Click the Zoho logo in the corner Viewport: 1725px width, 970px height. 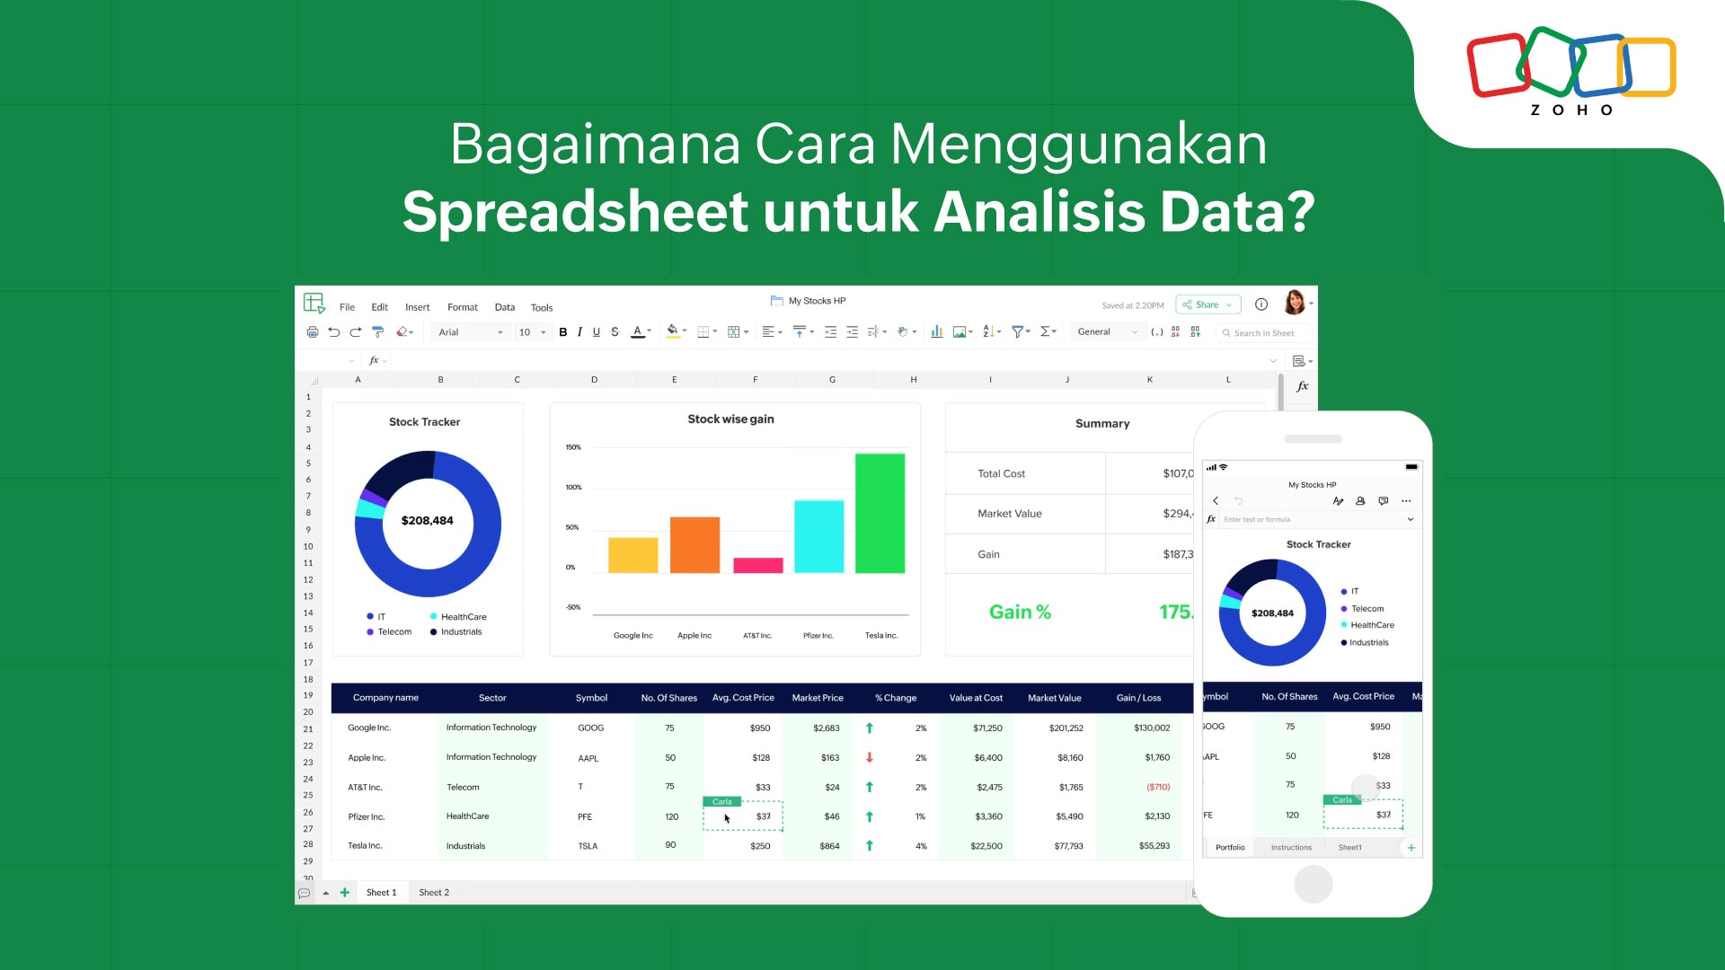[1571, 72]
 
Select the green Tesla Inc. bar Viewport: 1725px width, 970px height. [880, 513]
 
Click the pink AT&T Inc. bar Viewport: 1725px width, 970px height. [757, 565]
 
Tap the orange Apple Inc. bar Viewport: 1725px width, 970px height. [694, 544]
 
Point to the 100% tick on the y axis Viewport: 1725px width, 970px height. [573, 487]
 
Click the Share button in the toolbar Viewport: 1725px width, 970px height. [1207, 305]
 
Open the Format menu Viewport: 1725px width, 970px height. [463, 307]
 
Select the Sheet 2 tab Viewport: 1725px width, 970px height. [434, 893]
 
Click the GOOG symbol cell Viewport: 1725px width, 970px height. [590, 728]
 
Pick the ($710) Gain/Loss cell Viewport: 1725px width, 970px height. [1158, 788]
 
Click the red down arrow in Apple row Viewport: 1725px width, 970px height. [870, 758]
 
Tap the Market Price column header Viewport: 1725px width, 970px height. [818, 698]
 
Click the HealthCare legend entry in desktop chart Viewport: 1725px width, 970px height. [463, 617]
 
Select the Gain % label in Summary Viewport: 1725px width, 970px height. [1020, 613]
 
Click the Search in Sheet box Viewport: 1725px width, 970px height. [1264, 333]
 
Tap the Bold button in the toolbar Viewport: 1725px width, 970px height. [563, 332]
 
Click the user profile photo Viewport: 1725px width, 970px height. [1295, 303]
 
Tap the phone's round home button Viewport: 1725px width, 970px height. [1313, 885]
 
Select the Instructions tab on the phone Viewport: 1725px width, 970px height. [1291, 848]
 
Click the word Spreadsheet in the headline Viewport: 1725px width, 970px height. [575, 213]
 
